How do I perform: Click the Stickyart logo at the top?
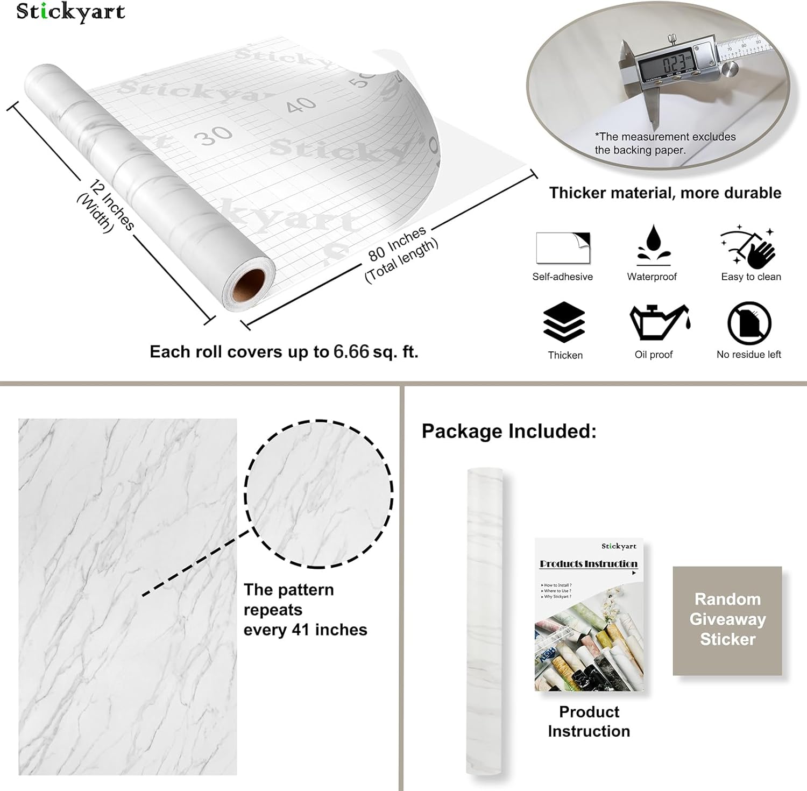click(70, 12)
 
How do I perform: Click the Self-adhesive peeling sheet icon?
click(563, 248)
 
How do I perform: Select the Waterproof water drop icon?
click(653, 245)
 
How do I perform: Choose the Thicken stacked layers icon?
click(564, 322)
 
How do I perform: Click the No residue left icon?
click(749, 323)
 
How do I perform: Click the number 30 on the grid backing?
click(214, 136)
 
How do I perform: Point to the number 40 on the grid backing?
click(301, 104)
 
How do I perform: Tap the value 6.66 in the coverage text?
click(351, 352)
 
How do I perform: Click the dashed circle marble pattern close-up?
click(319, 493)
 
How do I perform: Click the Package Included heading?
click(508, 431)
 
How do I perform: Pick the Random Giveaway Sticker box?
click(727, 620)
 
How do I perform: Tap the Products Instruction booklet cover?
click(589, 615)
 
